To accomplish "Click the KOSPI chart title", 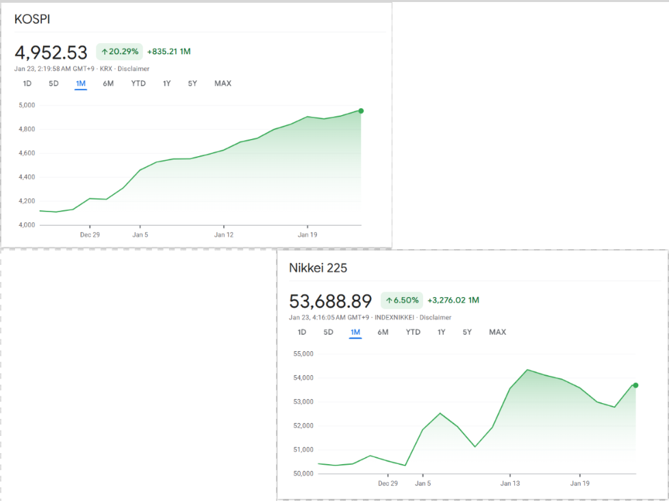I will [32, 19].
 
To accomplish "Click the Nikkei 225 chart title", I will [318, 268].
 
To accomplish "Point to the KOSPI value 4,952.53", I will [51, 52].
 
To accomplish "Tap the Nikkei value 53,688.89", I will [331, 301].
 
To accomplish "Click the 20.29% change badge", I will [120, 51].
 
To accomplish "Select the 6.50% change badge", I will [401, 300].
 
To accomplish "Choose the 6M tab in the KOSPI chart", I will [108, 83].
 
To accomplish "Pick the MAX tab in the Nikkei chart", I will [497, 332].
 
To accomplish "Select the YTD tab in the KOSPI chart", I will [138, 83].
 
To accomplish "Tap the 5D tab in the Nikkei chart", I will [328, 332].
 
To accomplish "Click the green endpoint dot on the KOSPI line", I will [361, 111].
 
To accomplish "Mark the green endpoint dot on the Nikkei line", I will [635, 385].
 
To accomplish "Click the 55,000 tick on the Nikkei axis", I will [302, 354].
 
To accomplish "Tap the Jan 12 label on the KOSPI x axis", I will [224, 234].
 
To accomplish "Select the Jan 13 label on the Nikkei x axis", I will [510, 483].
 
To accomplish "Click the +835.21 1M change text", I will [168, 51].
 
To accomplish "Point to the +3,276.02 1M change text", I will [453, 300].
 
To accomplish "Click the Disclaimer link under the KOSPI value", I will [134, 68].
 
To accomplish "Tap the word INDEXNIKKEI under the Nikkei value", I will [395, 318].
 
